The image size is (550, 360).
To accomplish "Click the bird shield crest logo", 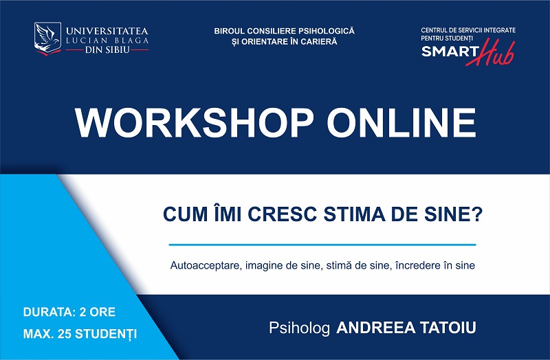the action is [x=47, y=38].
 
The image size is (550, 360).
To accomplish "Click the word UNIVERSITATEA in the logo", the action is [x=107, y=30].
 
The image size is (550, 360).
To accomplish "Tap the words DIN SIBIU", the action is [x=107, y=49].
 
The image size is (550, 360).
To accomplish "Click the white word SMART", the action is [x=450, y=52].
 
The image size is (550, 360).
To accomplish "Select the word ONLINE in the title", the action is [x=401, y=123].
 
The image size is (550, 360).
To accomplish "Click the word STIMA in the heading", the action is [x=354, y=214].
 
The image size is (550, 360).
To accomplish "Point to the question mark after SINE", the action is [x=477, y=214].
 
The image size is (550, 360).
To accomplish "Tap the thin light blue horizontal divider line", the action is [x=322, y=245].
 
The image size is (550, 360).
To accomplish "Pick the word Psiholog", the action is [x=299, y=328].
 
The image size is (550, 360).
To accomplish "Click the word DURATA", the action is [x=49, y=312].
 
